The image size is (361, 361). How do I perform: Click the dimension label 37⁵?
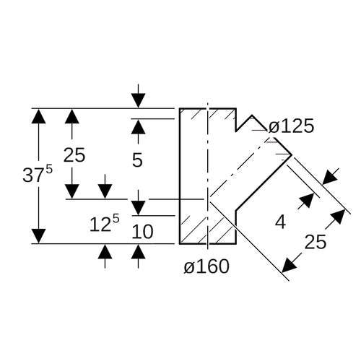pos(38,174)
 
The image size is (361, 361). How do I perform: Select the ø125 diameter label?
pos(291,126)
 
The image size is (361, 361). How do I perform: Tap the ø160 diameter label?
pos(206,266)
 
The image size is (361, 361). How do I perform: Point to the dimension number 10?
pos(142,232)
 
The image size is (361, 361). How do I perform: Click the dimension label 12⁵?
pos(104,224)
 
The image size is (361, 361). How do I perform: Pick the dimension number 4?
pos(280,222)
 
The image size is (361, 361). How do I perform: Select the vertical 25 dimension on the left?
pos(74,155)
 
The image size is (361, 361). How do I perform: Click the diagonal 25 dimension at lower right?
pos(316,242)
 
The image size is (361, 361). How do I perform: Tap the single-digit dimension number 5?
pos(137,160)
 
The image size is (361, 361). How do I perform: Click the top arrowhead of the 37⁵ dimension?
pos(38,116)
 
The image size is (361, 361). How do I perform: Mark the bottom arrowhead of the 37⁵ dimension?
pos(38,236)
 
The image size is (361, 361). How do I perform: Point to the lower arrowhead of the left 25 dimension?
pos(72,191)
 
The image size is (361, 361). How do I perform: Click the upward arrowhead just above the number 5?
pos(138,126)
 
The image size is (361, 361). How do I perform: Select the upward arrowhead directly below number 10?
pos(138,251)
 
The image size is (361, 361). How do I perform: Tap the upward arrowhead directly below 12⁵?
pos(105,251)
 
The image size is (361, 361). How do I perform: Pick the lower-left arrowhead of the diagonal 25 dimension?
pos(290,265)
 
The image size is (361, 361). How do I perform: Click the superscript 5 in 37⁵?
pos(49,170)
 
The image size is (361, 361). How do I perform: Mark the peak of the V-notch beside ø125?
pos(252,116)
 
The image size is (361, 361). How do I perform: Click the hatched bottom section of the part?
pos(208,230)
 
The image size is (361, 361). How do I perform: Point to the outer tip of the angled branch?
pos(292,155)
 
